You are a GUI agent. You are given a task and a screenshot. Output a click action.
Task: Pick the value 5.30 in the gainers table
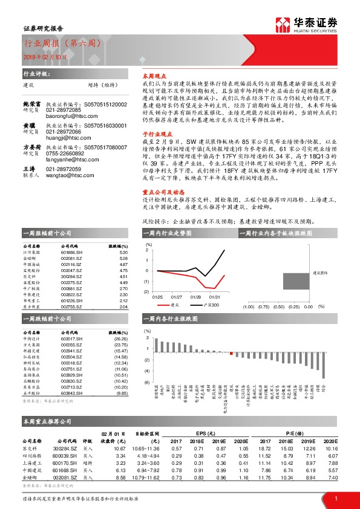coord(123,253)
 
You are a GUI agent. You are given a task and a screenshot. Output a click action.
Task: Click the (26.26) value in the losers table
coord(121,339)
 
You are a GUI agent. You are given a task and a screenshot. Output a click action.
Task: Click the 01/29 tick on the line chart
coord(195,297)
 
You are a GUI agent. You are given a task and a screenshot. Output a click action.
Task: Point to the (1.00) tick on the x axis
coord(247,307)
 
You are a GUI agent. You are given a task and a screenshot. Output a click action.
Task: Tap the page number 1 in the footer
coord(336,498)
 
